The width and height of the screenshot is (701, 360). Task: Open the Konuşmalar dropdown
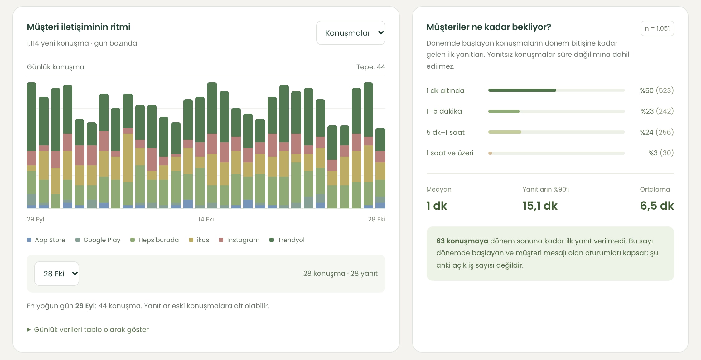pos(351,33)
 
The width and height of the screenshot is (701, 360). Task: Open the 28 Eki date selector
pos(57,274)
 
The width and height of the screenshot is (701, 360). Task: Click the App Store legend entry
pos(46,240)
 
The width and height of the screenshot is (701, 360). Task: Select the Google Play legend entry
pos(98,240)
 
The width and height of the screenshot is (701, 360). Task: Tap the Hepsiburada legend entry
pos(155,240)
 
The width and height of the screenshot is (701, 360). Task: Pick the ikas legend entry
pos(199,240)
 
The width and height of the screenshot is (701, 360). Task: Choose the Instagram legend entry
pos(239,240)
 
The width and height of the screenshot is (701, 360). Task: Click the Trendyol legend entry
pos(287,240)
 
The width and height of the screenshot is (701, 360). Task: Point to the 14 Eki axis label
pos(206,219)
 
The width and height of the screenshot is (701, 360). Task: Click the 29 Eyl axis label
pos(36,219)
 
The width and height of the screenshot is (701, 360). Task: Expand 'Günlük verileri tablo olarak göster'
pos(88,329)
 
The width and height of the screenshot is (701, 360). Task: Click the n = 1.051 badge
pos(657,28)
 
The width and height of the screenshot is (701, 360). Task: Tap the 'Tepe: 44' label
pos(371,67)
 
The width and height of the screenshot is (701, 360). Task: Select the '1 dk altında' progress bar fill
pos(522,90)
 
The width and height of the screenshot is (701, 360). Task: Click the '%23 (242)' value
pos(657,111)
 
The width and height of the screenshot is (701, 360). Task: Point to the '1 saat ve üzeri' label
pos(450,153)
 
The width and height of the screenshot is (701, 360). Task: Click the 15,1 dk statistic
pos(540,206)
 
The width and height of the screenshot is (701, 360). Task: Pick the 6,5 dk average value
pos(657,206)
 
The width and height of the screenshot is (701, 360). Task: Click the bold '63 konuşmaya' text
pos(462,241)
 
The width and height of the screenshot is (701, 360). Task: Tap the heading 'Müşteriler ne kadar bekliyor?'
pos(489,27)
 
